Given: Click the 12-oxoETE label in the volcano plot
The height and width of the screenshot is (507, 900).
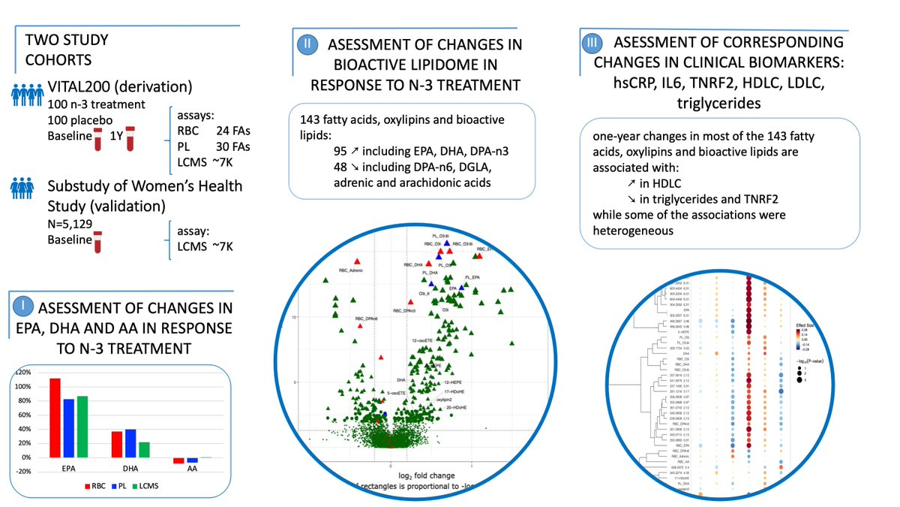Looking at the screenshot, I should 425,341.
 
